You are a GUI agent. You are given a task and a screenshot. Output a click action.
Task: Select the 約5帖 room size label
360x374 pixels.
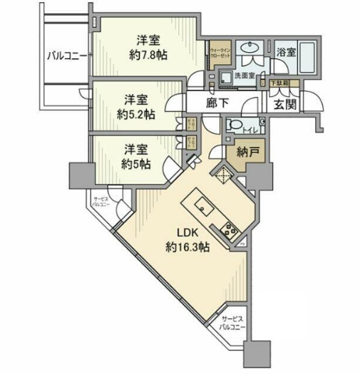point(135,165)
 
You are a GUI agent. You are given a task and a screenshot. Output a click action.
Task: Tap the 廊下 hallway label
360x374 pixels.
point(217,103)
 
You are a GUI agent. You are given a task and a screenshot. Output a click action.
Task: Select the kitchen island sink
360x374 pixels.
point(202,209)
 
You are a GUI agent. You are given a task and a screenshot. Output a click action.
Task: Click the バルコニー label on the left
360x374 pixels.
point(66,55)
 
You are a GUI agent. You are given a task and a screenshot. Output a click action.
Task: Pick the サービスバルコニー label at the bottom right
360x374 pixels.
point(233,324)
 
